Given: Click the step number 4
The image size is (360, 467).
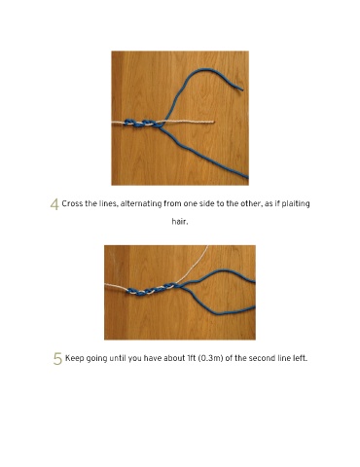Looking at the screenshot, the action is point(54,204).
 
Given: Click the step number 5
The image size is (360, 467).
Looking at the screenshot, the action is point(57,359).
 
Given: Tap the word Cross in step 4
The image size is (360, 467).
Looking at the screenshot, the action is point(71,203).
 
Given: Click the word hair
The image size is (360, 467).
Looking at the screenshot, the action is point(180,222).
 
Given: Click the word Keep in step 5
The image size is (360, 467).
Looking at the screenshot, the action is point(74,358).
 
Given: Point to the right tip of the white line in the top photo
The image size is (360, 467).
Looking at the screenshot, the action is point(213,122).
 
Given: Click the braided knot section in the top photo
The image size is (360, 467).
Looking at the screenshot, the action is point(144,124).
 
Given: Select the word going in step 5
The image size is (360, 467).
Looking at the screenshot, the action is point(96,359).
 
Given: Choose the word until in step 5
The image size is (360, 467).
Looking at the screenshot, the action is point(118,358).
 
